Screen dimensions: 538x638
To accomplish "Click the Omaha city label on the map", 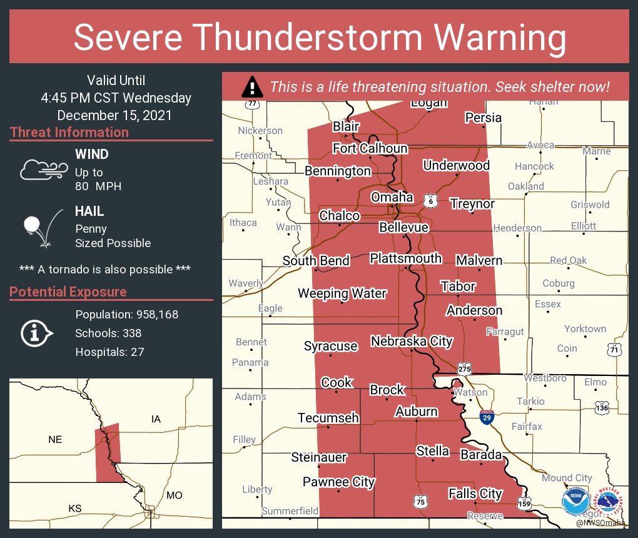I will click(x=392, y=197).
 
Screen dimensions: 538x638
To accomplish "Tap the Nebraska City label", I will click(x=411, y=341).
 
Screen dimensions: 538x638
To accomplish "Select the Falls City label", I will click(x=475, y=494).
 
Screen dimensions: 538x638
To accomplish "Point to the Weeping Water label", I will click(x=342, y=293).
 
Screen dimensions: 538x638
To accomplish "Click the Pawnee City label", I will click(x=338, y=481).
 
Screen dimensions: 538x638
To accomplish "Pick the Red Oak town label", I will click(x=568, y=260).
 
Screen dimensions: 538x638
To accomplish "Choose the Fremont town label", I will click(x=253, y=155).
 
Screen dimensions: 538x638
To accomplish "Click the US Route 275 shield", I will click(x=463, y=369).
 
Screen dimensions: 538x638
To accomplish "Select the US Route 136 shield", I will click(x=602, y=407).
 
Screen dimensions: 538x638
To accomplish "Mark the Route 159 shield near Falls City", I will click(x=524, y=502).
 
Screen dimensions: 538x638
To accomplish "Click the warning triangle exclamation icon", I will click(x=251, y=87).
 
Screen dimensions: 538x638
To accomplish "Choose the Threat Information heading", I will click(x=69, y=132).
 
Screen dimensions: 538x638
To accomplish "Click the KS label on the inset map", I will click(x=74, y=509).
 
